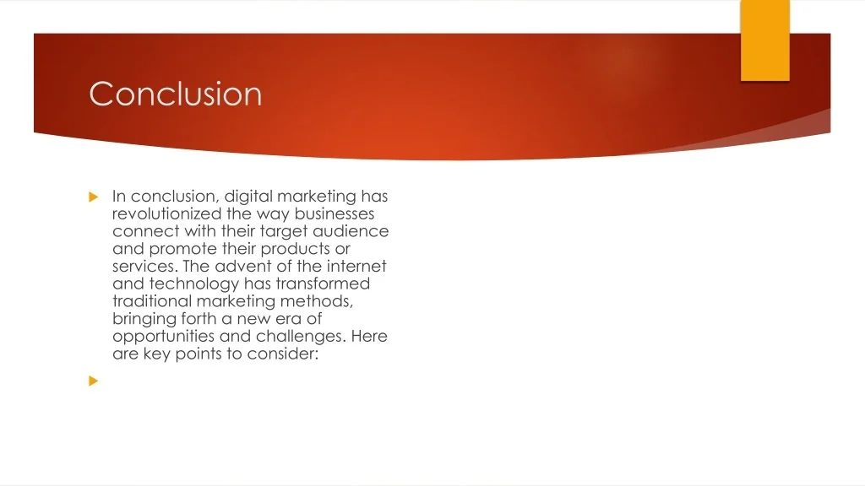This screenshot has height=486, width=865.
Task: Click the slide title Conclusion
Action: pyautogui.click(x=176, y=94)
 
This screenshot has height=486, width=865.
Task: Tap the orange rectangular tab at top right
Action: pyautogui.click(x=764, y=40)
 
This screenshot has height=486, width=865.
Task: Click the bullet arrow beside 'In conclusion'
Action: pyautogui.click(x=93, y=197)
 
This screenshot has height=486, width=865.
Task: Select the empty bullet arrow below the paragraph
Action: pyautogui.click(x=93, y=381)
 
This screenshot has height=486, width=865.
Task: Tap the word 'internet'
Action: pyautogui.click(x=355, y=267)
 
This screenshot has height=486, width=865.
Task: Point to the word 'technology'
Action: pyautogui.click(x=193, y=284)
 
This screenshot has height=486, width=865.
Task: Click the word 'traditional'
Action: pyautogui.click(x=152, y=301)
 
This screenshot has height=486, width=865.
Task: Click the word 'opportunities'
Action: pyautogui.click(x=162, y=337)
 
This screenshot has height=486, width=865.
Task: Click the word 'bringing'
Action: pyautogui.click(x=143, y=319)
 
